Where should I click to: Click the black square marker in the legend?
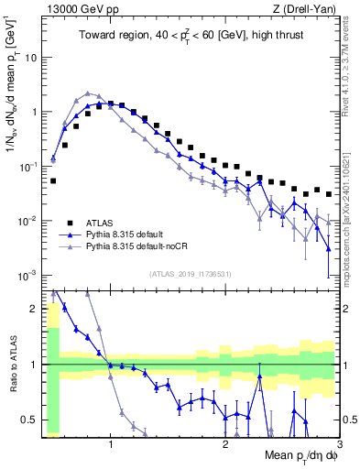click(70, 222)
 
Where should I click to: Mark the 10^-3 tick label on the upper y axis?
click(27, 276)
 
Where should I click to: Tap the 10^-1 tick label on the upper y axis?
click(27, 167)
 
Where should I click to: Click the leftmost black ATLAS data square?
click(53, 180)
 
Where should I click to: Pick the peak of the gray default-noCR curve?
click(88, 93)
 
